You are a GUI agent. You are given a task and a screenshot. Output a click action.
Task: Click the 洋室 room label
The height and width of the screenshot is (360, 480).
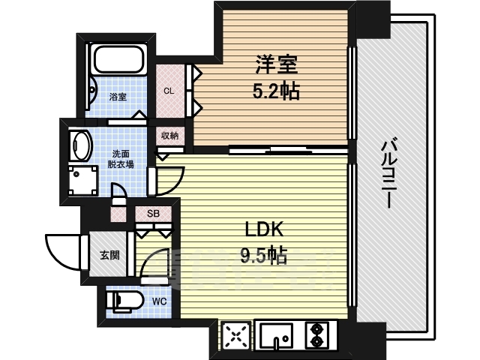coord(277,65)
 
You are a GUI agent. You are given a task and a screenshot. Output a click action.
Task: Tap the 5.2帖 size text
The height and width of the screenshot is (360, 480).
coord(275,91)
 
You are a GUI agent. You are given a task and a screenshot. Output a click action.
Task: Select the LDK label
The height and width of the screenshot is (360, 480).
coord(264,230)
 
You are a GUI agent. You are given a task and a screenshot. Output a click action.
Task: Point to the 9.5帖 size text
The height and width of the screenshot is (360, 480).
coord(264,255)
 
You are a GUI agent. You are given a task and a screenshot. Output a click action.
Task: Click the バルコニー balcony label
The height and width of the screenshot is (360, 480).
coord(388,173)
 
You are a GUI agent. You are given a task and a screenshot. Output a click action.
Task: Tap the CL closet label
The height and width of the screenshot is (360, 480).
coord(169,91)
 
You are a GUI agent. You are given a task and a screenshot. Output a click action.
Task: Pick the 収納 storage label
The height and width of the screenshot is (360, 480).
coord(170,135)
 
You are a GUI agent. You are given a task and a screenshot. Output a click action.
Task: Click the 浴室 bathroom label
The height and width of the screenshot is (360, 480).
coord(118,97)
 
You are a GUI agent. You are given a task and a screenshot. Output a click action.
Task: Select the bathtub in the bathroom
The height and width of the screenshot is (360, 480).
coord(119,60)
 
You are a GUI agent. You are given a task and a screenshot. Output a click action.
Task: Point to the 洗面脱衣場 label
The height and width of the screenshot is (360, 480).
coord(120,159)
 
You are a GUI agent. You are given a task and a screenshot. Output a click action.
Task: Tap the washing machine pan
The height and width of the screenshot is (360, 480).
coord(83,181)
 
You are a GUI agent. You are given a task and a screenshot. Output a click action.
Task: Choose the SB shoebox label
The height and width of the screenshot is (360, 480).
coord(153,213)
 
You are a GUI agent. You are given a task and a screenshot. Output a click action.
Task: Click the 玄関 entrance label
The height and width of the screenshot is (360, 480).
coord(109,255)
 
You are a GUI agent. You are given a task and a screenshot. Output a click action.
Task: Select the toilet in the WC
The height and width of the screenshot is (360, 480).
coord(124,300)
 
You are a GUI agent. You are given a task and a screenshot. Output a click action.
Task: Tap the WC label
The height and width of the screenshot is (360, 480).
coord(160,301)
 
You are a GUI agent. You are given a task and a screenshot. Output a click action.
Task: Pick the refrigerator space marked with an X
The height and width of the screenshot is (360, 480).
coord(235,336)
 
